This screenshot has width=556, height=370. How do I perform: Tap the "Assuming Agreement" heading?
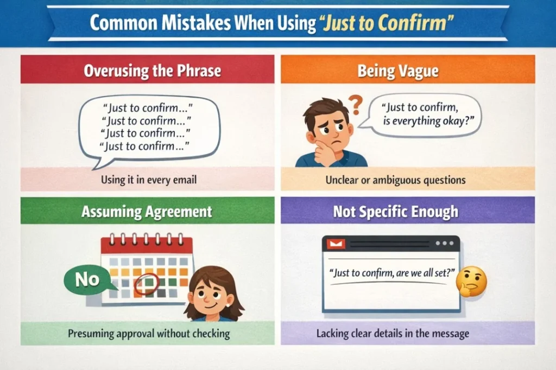[147, 212]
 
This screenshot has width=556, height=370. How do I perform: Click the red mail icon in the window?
[335, 244]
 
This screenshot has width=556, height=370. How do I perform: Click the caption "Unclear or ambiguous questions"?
[395, 180]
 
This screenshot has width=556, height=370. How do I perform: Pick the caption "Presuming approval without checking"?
[149, 333]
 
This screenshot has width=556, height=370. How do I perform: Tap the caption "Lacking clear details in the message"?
[393, 333]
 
